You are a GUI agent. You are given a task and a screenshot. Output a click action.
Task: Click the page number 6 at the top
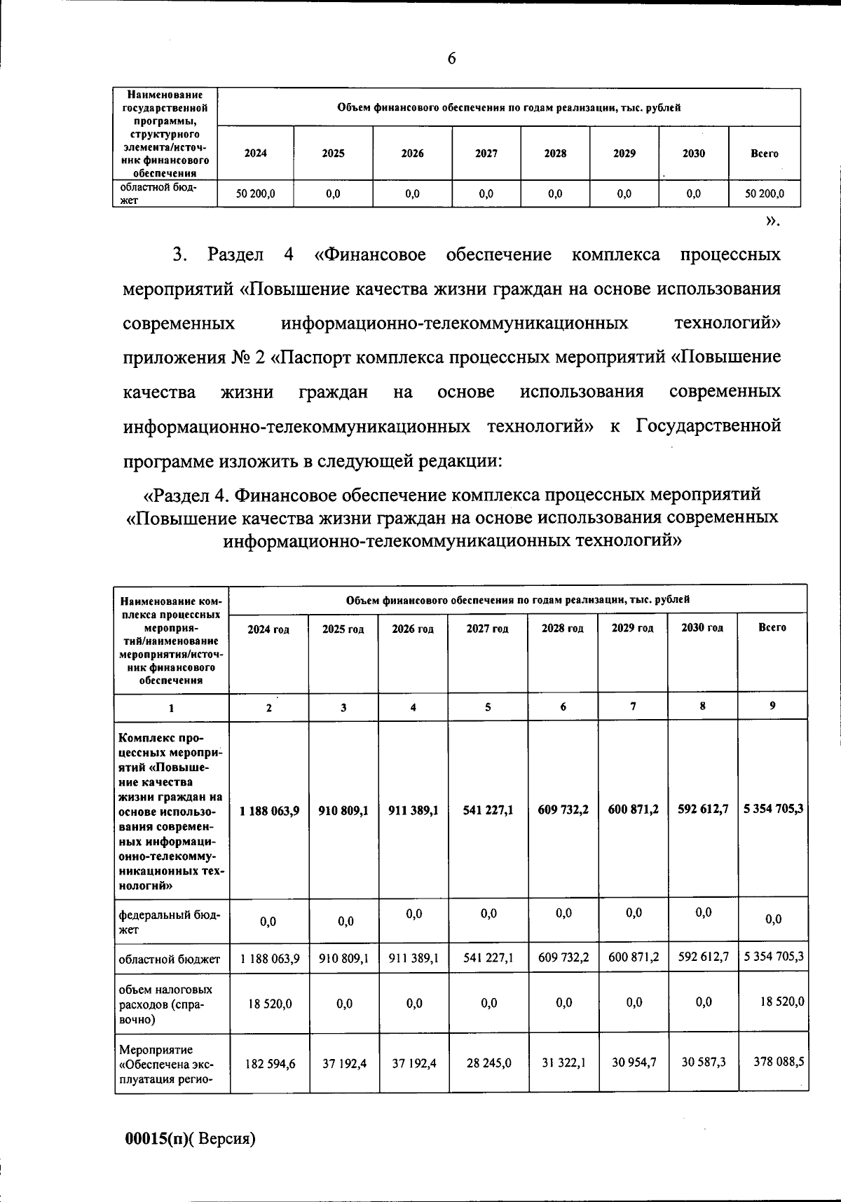(x=451, y=59)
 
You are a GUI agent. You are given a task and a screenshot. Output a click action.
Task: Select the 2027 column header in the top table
(x=486, y=153)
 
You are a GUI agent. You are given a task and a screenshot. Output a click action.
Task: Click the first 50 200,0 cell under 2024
(x=255, y=194)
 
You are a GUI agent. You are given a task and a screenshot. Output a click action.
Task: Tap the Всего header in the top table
(x=764, y=153)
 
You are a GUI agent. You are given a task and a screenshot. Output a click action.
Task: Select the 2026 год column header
(x=413, y=629)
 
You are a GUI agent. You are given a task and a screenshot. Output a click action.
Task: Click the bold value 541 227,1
(x=488, y=810)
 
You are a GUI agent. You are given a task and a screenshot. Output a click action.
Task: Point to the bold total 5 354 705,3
(x=774, y=810)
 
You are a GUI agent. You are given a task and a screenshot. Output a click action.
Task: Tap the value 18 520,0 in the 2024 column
(x=270, y=1004)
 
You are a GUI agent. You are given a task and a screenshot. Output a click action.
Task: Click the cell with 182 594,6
(x=270, y=1063)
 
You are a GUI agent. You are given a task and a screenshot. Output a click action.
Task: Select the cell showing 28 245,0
(x=488, y=1063)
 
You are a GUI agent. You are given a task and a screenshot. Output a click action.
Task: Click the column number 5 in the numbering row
(x=488, y=707)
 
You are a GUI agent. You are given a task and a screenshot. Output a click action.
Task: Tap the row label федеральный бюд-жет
(x=169, y=922)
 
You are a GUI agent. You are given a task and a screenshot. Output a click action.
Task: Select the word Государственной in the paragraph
(x=708, y=426)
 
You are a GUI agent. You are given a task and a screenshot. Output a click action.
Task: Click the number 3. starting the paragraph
(x=179, y=254)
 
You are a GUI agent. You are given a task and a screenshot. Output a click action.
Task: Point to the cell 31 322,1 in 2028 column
(x=563, y=1063)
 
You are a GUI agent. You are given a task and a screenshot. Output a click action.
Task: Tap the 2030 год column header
(x=702, y=628)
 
